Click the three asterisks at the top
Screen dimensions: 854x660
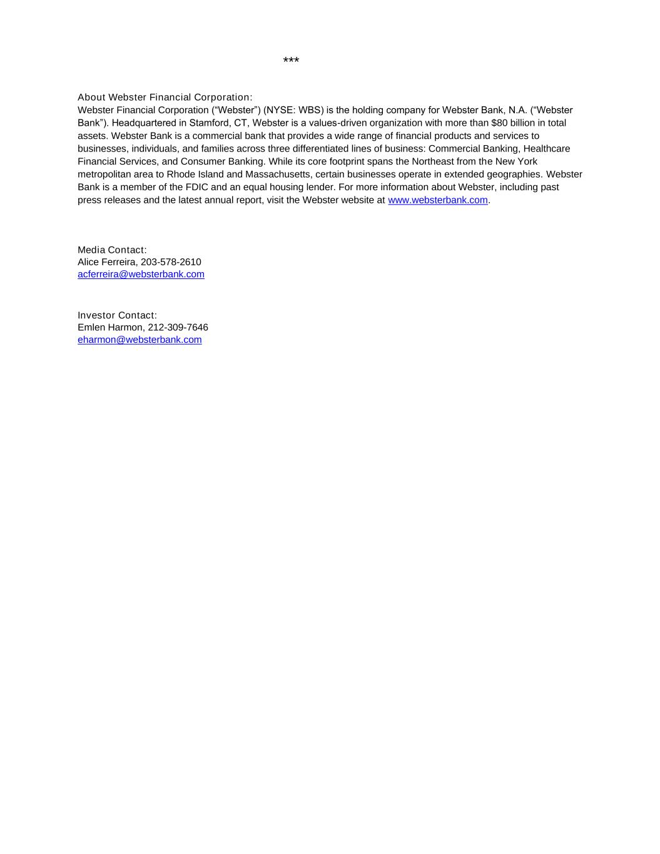(291, 61)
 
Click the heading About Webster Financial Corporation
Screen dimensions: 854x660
(165, 98)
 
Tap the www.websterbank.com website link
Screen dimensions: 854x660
(437, 200)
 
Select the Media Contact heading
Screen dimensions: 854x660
(112, 250)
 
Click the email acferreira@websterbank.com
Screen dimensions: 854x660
(141, 275)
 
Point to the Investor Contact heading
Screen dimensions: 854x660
(117, 315)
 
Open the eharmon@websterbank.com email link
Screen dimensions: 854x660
(140, 340)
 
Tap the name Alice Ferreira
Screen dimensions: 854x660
(106, 262)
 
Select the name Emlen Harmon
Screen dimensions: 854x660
(110, 328)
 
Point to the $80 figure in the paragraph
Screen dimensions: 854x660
(499, 123)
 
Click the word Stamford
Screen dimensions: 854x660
(208, 123)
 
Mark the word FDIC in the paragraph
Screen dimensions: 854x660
(197, 188)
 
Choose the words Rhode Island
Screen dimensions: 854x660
(195, 175)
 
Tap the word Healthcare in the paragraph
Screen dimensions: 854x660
(546, 149)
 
